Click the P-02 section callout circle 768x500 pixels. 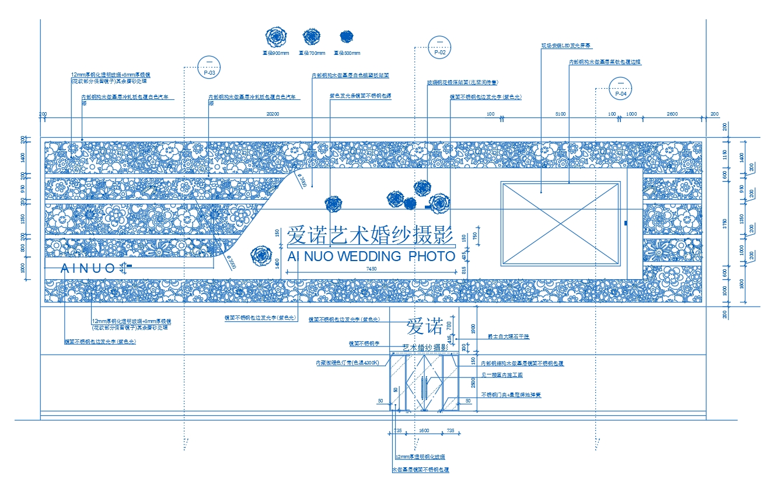[x=440, y=46]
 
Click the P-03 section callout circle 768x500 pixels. [x=209, y=68]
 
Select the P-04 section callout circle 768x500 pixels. [x=621, y=88]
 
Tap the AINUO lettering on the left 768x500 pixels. [x=89, y=269]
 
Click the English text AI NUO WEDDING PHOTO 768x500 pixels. [x=371, y=256]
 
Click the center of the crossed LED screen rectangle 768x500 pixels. [x=560, y=224]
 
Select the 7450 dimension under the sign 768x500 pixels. [x=371, y=269]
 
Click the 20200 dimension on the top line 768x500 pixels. [x=273, y=114]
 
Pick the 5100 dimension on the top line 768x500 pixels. [x=560, y=114]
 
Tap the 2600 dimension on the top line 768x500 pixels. [x=672, y=114]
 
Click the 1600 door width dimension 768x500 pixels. [x=424, y=430]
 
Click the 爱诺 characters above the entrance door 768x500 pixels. [x=424, y=327]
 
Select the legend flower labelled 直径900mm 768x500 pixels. [x=275, y=37]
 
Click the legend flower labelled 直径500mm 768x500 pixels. [x=347, y=37]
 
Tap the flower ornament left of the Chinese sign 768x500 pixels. [x=260, y=255]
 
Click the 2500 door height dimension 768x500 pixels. [x=473, y=383]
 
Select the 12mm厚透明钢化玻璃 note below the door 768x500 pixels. [x=420, y=457]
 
